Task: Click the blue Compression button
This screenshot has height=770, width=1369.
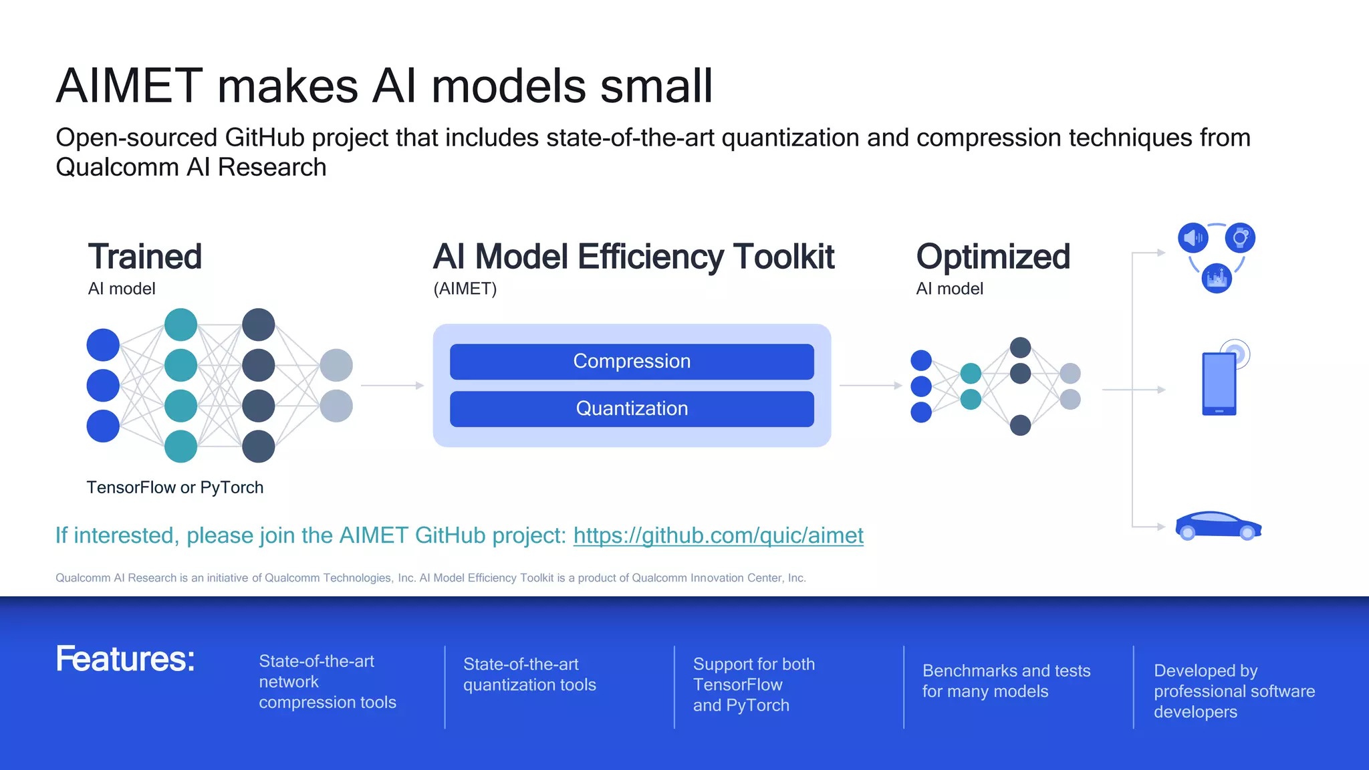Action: pos(632,362)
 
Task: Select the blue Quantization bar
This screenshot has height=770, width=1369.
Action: pos(632,408)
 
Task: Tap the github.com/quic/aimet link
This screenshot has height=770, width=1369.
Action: pos(718,535)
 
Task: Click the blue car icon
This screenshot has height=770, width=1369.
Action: pos(1218,526)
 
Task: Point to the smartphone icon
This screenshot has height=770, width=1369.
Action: pos(1219,384)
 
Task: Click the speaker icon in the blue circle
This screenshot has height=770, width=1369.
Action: pos(1193,237)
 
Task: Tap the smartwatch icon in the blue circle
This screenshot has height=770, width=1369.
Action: pos(1240,237)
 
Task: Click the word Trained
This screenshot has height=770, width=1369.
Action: pos(144,257)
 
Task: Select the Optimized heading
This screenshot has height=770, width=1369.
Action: pos(993,257)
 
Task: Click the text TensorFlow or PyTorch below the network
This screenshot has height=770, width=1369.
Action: pos(175,487)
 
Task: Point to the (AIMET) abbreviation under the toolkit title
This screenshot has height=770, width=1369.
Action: pos(465,289)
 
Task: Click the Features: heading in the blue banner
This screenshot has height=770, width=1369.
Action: pos(125,658)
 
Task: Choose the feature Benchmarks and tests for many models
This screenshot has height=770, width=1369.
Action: pos(1006,680)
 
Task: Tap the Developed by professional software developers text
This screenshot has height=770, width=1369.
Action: pos(1233,690)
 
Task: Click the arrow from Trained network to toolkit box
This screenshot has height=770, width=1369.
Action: pos(392,386)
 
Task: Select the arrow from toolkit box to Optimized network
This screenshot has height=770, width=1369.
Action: pos(870,386)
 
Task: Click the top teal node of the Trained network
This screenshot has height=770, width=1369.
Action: pos(180,325)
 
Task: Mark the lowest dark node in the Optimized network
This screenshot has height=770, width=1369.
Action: pos(1020,425)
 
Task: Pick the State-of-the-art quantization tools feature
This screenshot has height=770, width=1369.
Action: pos(529,674)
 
